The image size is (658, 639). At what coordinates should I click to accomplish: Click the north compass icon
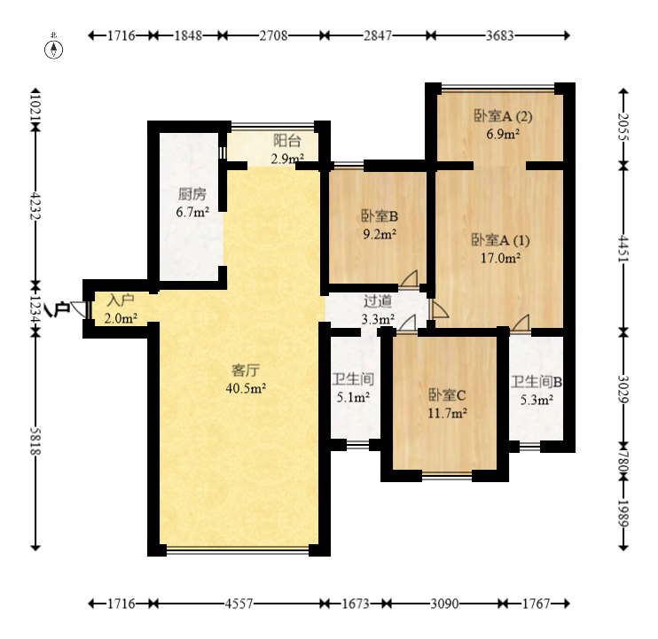54,48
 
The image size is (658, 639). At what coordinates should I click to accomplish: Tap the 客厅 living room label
246,370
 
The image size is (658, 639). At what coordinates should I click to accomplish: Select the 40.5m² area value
246,388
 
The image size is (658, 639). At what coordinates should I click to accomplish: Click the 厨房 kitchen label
192,194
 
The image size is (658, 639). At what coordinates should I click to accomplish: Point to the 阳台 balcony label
287,141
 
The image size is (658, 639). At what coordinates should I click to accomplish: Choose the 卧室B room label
380,216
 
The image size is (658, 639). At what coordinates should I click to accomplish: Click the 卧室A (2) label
503,116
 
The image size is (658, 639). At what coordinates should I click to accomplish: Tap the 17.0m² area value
501,258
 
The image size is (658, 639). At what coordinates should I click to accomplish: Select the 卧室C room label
447,395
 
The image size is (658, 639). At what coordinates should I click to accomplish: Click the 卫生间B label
537,382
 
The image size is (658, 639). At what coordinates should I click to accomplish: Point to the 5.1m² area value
353,397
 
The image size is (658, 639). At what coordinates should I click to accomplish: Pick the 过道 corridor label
378,301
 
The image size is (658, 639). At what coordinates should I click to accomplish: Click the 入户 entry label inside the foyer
121,300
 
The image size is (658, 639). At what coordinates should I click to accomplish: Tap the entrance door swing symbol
79,309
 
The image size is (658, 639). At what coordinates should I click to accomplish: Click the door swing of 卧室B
409,279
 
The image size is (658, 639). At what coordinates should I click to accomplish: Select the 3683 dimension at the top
500,35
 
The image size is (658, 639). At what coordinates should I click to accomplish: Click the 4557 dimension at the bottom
239,604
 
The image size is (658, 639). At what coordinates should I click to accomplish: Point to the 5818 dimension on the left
35,441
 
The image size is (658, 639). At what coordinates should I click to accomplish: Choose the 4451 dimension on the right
624,249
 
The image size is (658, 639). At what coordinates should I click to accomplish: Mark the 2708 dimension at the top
273,35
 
